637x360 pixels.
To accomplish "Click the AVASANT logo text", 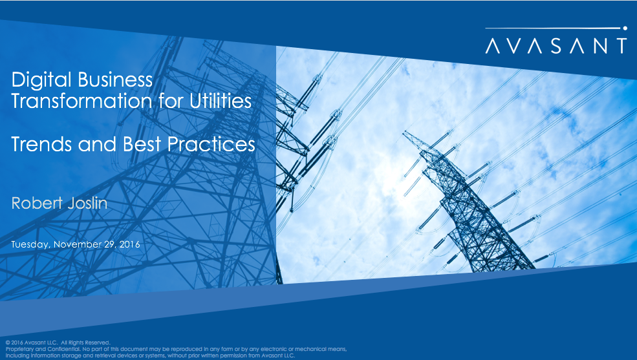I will tap(556, 45).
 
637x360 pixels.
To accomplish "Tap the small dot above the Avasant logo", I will tap(625, 28).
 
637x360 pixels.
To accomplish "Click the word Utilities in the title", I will tap(220, 101).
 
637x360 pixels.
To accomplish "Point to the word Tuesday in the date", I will tap(30, 244).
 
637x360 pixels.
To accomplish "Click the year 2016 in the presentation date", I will tap(129, 244).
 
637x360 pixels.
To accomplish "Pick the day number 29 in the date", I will tap(109, 244).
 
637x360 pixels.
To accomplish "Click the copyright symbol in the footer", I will tap(7, 342).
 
